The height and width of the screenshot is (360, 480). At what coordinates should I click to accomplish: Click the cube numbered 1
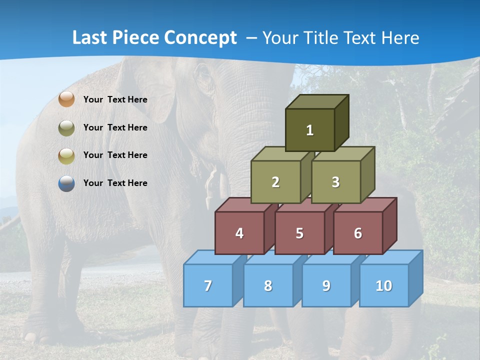[x=310, y=130]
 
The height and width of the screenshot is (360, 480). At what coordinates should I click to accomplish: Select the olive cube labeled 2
[x=275, y=182]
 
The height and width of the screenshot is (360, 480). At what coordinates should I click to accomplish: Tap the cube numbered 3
[x=335, y=182]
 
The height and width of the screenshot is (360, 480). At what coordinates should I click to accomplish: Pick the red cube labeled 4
[x=239, y=233]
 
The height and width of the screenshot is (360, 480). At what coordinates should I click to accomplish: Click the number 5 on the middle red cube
[x=299, y=233]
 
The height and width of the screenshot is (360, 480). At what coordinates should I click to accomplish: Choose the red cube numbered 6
[x=358, y=233]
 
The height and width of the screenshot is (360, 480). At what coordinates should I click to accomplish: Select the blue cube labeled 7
[x=208, y=285]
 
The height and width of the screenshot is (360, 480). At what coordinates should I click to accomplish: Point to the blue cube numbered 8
[x=268, y=285]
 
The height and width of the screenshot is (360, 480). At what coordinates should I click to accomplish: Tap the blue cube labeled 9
[x=326, y=285]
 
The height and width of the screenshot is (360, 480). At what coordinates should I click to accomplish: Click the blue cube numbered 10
[x=384, y=285]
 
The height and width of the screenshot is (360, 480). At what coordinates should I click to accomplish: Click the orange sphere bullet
[x=66, y=99]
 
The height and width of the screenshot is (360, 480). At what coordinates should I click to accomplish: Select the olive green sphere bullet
[x=66, y=127]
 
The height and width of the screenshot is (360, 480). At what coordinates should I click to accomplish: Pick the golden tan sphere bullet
[x=66, y=155]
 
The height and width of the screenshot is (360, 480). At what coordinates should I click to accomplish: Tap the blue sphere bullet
[x=66, y=183]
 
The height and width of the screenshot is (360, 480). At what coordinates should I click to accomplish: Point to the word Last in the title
[x=90, y=38]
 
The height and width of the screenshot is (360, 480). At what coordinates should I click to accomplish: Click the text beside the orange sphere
[x=115, y=99]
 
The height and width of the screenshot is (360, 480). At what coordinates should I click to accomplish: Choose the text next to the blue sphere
[x=115, y=183]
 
